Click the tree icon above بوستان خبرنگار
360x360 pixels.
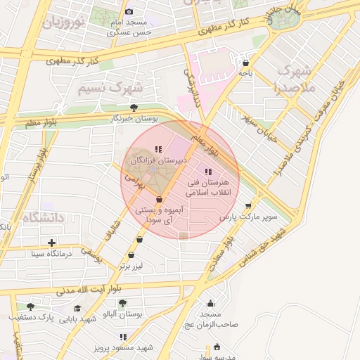click(134, 108)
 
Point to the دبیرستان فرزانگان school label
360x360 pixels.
click(157, 161)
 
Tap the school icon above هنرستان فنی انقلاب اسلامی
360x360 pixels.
click(207, 172)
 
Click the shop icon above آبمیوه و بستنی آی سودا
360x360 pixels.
click(159, 200)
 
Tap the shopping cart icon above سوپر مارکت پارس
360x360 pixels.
click(247, 205)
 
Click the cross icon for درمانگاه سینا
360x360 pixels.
click(52, 243)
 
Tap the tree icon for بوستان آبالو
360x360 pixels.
click(122, 303)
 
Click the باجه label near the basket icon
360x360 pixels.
click(245, 72)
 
